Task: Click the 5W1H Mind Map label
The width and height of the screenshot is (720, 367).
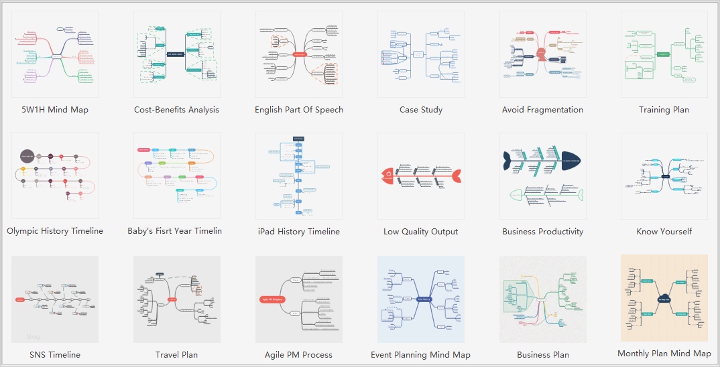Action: (55, 110)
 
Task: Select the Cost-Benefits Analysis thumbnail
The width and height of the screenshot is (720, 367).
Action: (176, 54)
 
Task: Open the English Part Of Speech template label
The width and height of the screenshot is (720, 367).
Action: (299, 110)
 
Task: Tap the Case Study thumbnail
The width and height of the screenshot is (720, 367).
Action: (421, 54)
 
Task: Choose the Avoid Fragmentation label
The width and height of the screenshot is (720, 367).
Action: (542, 110)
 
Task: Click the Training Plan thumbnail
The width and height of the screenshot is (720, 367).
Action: (664, 54)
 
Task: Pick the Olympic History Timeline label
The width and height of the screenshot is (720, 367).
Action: (55, 231)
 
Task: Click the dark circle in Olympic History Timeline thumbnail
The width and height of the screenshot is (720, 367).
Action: (27, 156)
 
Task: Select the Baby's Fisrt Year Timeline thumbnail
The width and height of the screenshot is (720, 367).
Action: (176, 175)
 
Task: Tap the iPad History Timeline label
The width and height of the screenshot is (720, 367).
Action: (299, 232)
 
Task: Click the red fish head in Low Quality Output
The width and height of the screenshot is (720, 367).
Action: (387, 175)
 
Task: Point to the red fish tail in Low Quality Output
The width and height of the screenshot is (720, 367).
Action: (456, 175)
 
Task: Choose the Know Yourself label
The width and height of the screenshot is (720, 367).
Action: (664, 232)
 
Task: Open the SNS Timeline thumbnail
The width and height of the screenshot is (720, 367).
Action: (55, 299)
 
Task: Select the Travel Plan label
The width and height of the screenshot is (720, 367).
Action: (176, 355)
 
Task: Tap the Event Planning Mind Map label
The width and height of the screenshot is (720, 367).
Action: (420, 355)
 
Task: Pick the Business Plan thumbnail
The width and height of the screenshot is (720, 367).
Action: (542, 299)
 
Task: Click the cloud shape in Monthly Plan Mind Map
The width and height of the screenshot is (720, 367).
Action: (664, 299)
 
